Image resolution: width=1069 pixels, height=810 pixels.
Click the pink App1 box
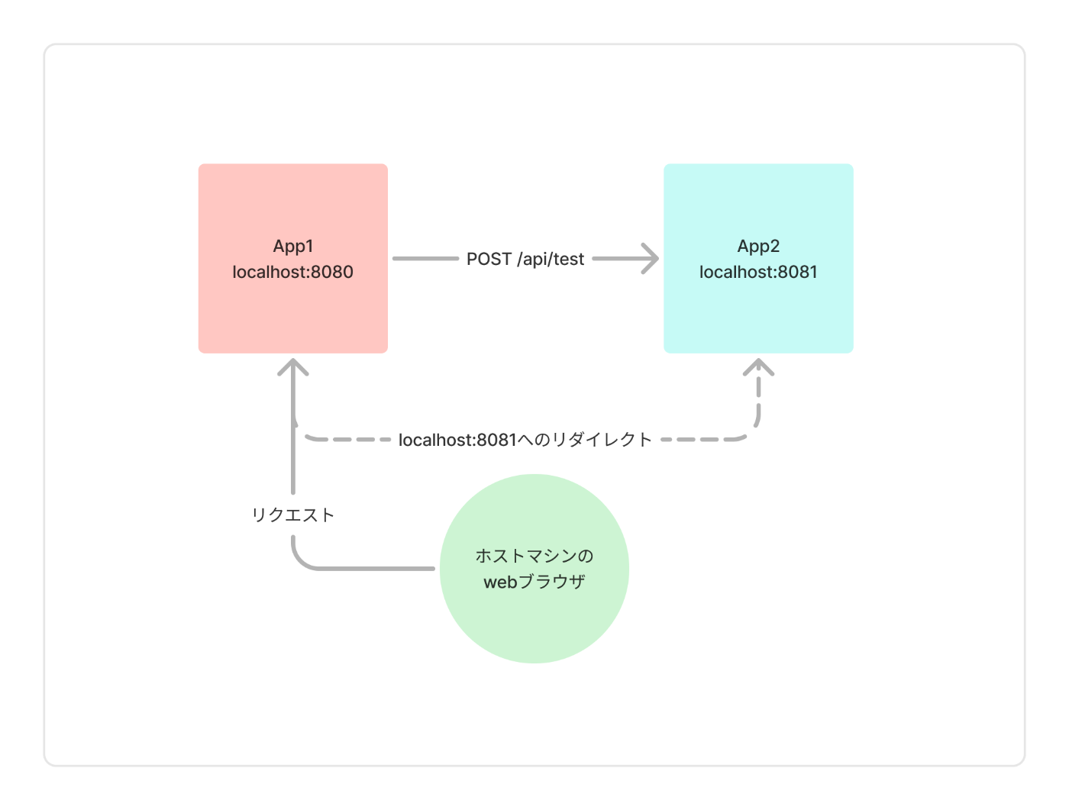click(292, 258)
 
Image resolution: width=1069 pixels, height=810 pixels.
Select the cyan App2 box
click(758, 258)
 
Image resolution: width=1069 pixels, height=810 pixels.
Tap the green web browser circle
click(534, 569)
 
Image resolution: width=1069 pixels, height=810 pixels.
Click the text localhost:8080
click(292, 272)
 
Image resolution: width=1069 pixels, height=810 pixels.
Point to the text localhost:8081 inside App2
click(758, 272)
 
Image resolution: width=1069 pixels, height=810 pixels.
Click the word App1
click(292, 247)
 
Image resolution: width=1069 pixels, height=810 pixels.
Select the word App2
click(758, 247)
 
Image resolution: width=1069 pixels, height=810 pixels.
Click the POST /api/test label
click(525, 259)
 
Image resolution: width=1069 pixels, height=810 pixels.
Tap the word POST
click(489, 259)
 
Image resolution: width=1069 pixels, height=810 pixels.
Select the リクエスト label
click(292, 515)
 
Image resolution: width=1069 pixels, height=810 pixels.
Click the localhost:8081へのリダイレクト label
click(525, 440)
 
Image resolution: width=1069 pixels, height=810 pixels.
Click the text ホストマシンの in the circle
click(534, 556)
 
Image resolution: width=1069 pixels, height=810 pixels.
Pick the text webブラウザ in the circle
click(534, 582)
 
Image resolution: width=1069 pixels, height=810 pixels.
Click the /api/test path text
click(551, 259)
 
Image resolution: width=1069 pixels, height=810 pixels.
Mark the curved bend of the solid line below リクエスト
click(299, 562)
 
